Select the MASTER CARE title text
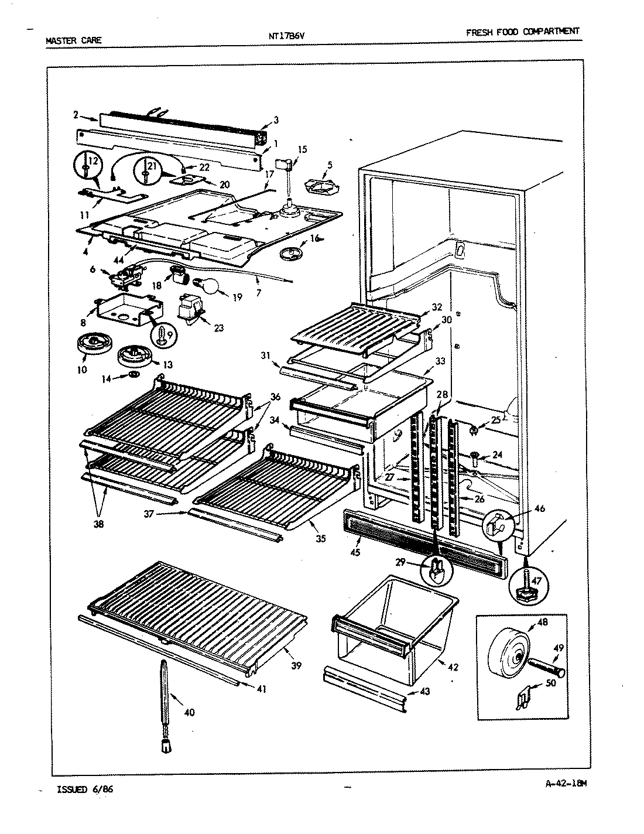click(x=73, y=40)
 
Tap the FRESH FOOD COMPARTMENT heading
click(x=522, y=32)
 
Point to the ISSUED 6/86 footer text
click(x=84, y=789)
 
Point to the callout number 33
click(x=440, y=361)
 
